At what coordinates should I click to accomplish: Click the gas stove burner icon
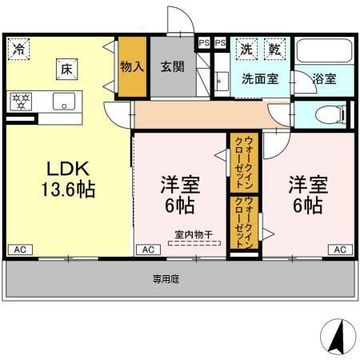20,101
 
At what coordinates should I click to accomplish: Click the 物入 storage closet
131,67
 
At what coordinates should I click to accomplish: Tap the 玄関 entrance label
172,67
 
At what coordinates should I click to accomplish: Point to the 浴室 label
324,79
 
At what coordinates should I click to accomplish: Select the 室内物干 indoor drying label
194,234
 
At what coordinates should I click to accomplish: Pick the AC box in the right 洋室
340,250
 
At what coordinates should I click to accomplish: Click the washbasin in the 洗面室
220,80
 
